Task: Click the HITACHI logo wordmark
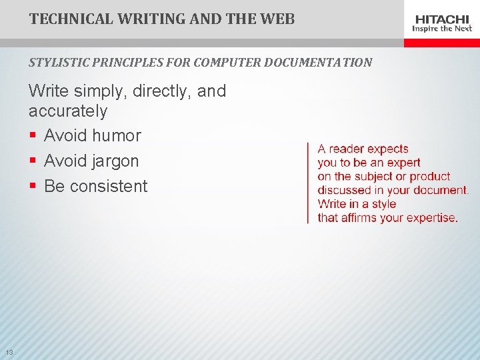442,19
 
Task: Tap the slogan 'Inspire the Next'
442,29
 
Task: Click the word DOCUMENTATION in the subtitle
318,63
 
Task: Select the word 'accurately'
68,111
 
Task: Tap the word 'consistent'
109,187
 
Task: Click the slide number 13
9,352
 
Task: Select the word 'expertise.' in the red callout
429,218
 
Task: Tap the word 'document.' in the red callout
441,190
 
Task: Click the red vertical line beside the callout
307,183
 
